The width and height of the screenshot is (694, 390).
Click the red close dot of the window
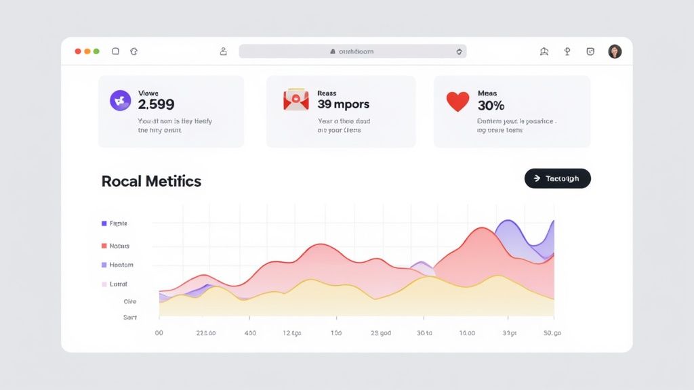coord(78,51)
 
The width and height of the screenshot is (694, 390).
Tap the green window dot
coord(96,51)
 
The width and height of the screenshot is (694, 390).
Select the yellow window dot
coord(87,51)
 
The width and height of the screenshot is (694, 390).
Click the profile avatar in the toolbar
coord(615,51)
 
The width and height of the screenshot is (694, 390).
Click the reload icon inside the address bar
coord(459,51)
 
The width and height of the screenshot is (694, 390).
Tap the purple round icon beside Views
coord(120,101)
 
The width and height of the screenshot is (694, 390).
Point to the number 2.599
coord(156,105)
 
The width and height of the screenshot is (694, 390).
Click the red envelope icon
coord(295,101)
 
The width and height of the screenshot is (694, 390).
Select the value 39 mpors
coord(343,105)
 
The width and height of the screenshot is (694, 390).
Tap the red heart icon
coord(457,102)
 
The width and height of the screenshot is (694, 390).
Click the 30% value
coord(491,106)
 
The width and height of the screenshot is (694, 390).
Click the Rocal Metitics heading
coord(151,181)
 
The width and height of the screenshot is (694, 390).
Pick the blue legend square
coord(104,223)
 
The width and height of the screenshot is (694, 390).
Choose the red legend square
coord(104,246)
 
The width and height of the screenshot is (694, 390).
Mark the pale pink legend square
coord(104,284)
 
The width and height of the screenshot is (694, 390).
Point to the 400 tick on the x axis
coord(250,333)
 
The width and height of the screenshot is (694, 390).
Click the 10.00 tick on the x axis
coord(467,333)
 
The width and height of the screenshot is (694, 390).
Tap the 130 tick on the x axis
coord(336,333)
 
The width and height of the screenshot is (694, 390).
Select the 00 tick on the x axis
coord(159,333)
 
